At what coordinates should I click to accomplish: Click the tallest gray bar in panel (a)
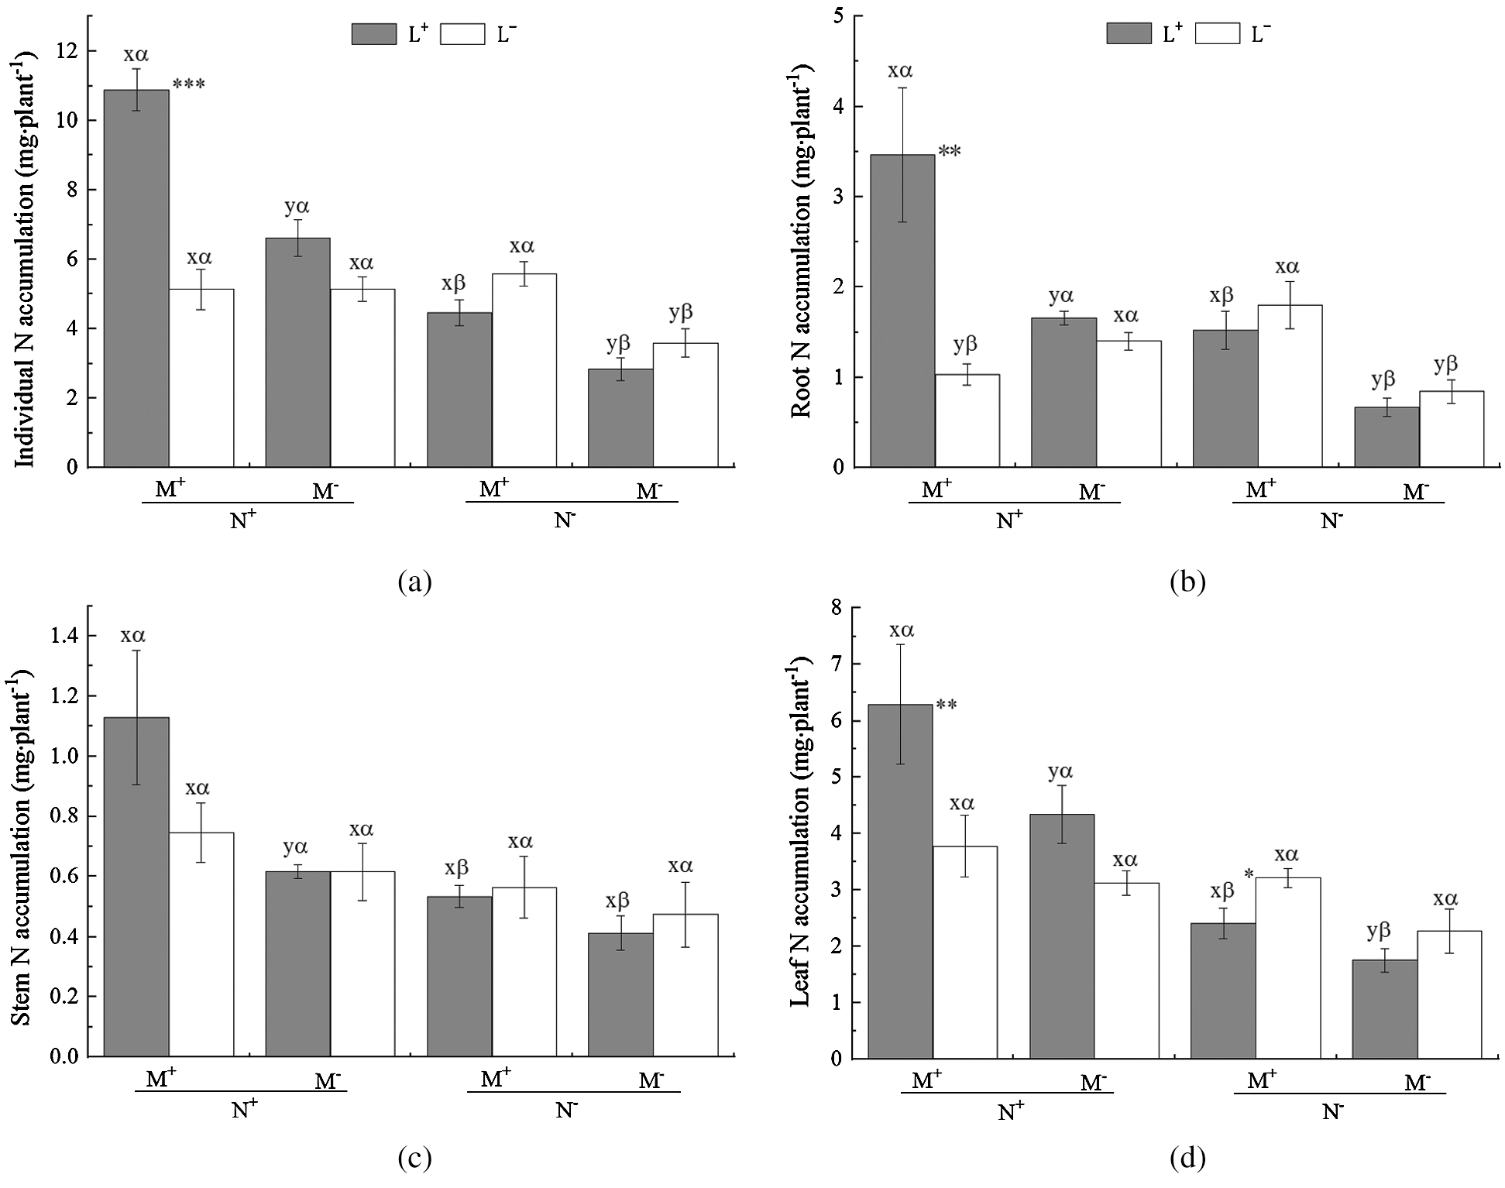(x=136, y=278)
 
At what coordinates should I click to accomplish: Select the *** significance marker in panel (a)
(x=189, y=84)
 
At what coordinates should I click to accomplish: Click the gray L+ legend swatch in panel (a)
(x=374, y=34)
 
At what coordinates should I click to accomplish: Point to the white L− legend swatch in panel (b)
(x=1217, y=33)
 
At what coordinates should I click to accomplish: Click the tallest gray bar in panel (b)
(x=902, y=311)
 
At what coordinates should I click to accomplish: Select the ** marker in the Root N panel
(x=950, y=152)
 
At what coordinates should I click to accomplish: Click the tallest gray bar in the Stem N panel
(x=136, y=887)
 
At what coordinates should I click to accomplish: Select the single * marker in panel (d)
(x=1249, y=875)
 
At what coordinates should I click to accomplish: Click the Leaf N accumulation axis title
(x=800, y=832)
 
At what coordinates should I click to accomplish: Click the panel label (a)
(x=414, y=581)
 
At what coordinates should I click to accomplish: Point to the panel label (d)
(x=1187, y=1159)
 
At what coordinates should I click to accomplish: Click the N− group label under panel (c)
(x=567, y=1110)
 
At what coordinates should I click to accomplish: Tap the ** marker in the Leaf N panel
(x=947, y=706)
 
